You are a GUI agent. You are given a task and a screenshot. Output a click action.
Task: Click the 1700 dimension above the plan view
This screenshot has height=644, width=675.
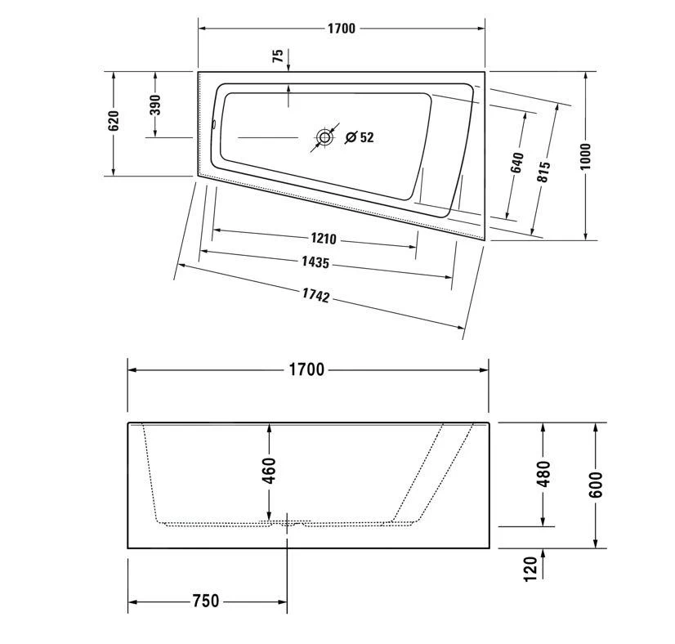(342, 29)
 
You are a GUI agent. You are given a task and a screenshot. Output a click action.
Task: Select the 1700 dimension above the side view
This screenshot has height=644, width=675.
(306, 369)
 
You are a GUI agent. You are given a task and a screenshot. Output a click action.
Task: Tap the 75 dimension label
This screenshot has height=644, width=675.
(278, 56)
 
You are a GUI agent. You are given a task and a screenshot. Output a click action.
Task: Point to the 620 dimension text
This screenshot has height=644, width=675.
(114, 121)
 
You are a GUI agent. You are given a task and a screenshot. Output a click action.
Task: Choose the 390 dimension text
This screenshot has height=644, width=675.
(155, 105)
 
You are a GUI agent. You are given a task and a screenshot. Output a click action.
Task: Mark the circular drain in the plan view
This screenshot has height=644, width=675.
(324, 137)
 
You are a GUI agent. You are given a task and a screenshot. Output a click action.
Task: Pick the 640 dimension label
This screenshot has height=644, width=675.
(516, 162)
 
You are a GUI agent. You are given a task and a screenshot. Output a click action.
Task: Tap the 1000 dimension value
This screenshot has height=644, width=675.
(585, 155)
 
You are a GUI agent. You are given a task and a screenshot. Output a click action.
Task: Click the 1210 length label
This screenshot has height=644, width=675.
(324, 239)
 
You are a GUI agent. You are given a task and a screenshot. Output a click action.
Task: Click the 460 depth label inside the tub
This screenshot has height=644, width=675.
(269, 471)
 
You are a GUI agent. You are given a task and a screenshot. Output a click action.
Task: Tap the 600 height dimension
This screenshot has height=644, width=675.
(595, 485)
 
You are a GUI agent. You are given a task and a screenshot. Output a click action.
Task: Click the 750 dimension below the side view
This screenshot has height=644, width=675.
(205, 602)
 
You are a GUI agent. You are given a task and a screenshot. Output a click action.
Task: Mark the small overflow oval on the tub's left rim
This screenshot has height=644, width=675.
(214, 126)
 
